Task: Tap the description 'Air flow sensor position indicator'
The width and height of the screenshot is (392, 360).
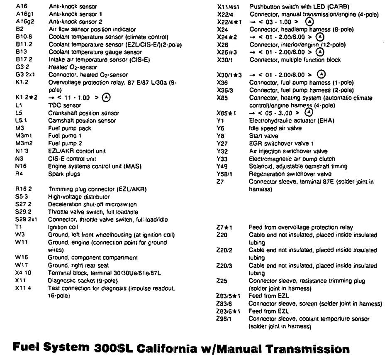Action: click(92, 29)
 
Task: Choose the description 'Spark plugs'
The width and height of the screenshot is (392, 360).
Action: click(64, 174)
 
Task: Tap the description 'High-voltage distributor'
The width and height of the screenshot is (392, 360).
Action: click(79, 197)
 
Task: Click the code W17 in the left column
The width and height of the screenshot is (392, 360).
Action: click(20, 265)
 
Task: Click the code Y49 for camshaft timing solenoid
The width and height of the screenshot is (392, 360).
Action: click(222, 166)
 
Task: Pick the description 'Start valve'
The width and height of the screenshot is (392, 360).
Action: click(263, 136)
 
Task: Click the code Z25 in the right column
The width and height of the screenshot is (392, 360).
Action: click(222, 281)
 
